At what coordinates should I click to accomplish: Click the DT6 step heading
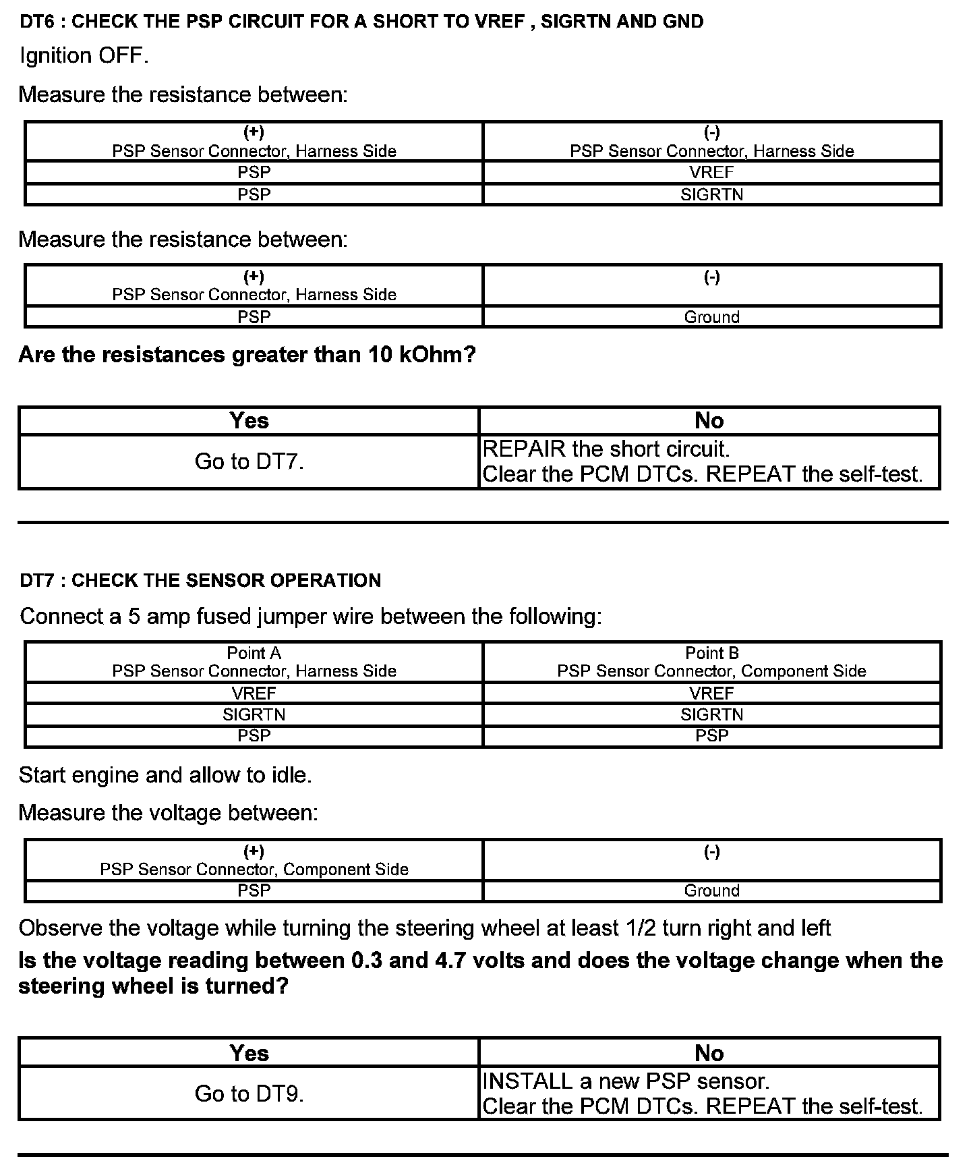click(x=361, y=22)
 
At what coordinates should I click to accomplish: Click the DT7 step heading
click(x=200, y=580)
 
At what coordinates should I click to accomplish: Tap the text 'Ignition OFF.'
click(x=84, y=55)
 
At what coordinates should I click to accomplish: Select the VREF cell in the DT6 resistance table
click(x=711, y=173)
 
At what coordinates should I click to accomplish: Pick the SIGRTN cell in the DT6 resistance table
click(x=711, y=195)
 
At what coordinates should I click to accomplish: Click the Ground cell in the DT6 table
click(x=711, y=317)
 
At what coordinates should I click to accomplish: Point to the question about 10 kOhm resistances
click(x=247, y=355)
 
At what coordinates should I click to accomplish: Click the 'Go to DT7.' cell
click(x=249, y=461)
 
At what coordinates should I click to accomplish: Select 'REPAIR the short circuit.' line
click(x=606, y=449)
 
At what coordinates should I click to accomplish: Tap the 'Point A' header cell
click(x=254, y=662)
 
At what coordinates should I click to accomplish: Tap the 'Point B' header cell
click(x=711, y=662)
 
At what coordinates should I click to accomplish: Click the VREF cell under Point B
click(x=711, y=693)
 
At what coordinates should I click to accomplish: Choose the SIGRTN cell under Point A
click(x=254, y=714)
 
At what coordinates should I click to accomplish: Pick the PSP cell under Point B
click(x=711, y=736)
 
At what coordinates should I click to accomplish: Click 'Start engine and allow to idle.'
click(x=165, y=775)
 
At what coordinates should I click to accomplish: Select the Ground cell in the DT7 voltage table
click(x=711, y=890)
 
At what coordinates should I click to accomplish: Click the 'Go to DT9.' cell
click(x=249, y=1094)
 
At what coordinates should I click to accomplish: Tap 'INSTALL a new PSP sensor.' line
click(x=626, y=1081)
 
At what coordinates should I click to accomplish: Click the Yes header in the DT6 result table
click(x=249, y=421)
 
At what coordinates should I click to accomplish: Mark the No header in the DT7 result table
click(x=709, y=1053)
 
